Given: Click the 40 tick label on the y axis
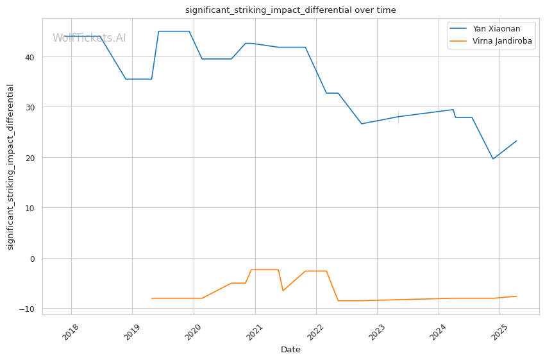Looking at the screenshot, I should coord(29,57).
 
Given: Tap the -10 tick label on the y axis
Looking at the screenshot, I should coord(28,309).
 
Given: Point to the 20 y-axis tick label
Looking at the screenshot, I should coord(29,158).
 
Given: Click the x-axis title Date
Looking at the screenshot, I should coord(290,350).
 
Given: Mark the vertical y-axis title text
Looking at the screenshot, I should coord(11,167).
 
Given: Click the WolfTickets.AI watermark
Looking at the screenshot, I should coord(89,39).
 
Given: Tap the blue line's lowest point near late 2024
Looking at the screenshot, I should coord(493,159).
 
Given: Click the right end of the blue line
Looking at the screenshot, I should coord(517,141).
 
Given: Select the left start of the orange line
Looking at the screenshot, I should coord(151,298).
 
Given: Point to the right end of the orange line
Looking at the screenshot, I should coord(517,296).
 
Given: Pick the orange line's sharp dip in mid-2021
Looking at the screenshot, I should coord(283,291).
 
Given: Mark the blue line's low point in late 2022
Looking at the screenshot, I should coord(362,124).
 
